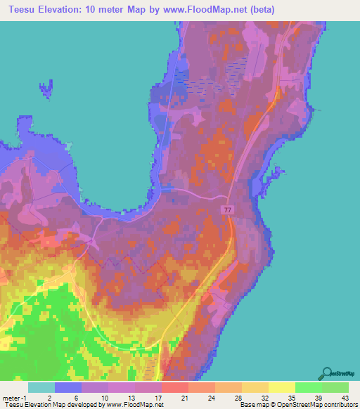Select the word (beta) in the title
[264, 10]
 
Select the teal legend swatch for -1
[41, 387]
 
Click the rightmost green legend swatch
[335, 387]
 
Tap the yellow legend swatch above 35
[281, 387]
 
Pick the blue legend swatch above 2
[68, 387]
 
